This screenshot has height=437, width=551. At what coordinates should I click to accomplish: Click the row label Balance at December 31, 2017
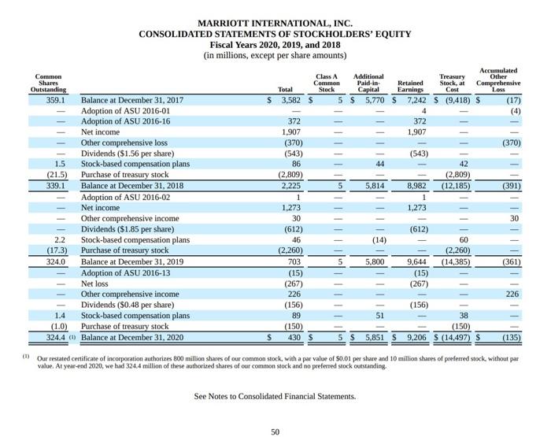pos(132,101)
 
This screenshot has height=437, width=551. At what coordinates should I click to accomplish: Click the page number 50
pos(275,431)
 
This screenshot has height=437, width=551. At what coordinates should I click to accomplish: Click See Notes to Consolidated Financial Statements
pos(275,395)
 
